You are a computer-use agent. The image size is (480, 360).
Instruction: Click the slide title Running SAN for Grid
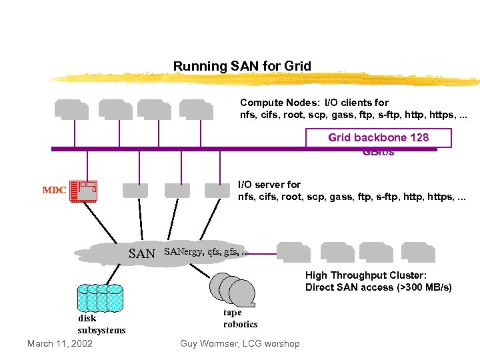pyautogui.click(x=242, y=66)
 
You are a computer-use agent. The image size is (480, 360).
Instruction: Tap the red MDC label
pyautogui.click(x=54, y=190)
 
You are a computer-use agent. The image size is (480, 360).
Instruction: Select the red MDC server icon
pyautogui.click(x=83, y=191)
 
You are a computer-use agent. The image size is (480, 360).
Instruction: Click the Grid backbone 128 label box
pyautogui.click(x=378, y=138)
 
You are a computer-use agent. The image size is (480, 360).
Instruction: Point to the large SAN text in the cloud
pyautogui.click(x=141, y=253)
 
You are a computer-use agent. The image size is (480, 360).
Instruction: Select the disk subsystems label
pyautogui.click(x=101, y=324)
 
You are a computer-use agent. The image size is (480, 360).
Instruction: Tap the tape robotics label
pyautogui.click(x=240, y=318)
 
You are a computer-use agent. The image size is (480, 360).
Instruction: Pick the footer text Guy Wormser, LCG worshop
pyautogui.click(x=240, y=343)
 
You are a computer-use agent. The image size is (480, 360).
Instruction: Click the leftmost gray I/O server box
pyautogui.click(x=135, y=191)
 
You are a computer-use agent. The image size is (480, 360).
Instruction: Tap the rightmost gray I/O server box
pyautogui.click(x=217, y=191)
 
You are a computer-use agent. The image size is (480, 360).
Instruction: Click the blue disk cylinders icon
pyautogui.click(x=100, y=298)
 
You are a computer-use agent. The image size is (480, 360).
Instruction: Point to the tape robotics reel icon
pyautogui.click(x=233, y=289)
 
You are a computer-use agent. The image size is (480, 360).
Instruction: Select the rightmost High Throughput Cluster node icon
pyautogui.click(x=419, y=252)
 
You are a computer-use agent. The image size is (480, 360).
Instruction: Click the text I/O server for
pyautogui.click(x=269, y=184)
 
